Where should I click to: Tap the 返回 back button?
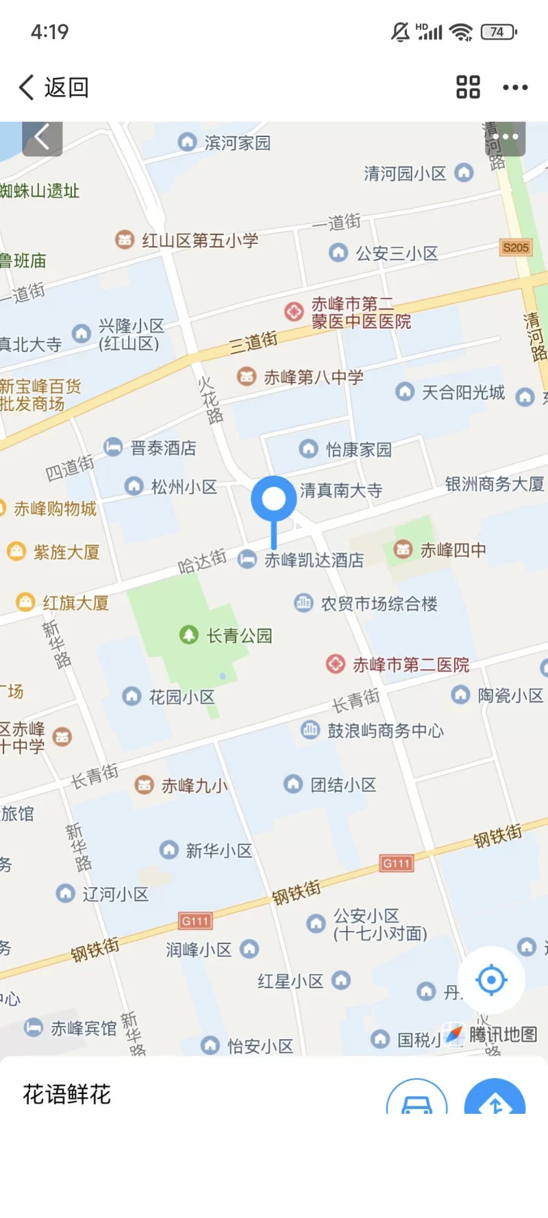click(x=53, y=88)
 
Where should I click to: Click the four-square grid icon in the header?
click(x=468, y=88)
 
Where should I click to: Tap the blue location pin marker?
click(x=273, y=499)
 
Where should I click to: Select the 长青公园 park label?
click(x=239, y=636)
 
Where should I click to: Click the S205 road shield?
click(x=516, y=247)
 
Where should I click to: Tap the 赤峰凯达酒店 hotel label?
click(x=314, y=560)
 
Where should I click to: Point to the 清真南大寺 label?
click(x=340, y=490)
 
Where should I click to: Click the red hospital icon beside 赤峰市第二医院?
click(x=335, y=664)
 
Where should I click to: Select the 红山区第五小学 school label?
click(x=199, y=240)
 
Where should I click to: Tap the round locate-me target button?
click(x=491, y=980)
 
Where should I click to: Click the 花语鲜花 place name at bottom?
click(x=67, y=1094)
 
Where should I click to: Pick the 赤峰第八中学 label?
click(x=313, y=377)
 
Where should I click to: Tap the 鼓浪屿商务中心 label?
click(x=385, y=731)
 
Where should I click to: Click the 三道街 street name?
click(x=253, y=341)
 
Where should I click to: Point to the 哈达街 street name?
click(x=202, y=562)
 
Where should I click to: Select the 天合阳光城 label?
click(x=463, y=393)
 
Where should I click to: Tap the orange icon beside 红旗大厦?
click(x=25, y=602)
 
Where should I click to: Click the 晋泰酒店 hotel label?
click(x=163, y=448)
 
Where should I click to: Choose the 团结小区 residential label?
click(x=343, y=784)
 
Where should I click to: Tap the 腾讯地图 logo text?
click(x=503, y=1034)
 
